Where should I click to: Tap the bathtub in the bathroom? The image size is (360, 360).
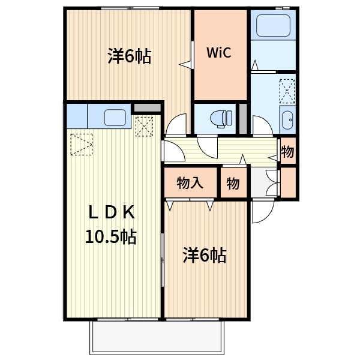click(x=273, y=26)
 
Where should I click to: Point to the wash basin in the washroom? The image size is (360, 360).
click(x=287, y=119)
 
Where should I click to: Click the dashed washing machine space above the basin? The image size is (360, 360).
click(x=287, y=91)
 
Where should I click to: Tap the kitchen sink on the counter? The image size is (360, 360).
click(x=114, y=117)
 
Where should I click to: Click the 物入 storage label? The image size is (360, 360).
click(x=190, y=184)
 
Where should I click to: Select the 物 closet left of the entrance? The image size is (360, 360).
click(x=233, y=184)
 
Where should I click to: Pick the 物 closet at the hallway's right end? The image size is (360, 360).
click(x=288, y=151)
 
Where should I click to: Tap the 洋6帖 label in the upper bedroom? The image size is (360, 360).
click(x=129, y=57)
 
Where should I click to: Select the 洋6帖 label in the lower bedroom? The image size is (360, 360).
click(x=204, y=256)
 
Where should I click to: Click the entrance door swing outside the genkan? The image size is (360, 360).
click(x=263, y=211)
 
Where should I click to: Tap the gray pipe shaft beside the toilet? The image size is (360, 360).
click(x=243, y=119)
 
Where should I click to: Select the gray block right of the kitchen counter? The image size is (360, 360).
click(x=146, y=108)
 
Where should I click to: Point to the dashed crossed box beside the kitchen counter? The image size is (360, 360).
click(x=144, y=127)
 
